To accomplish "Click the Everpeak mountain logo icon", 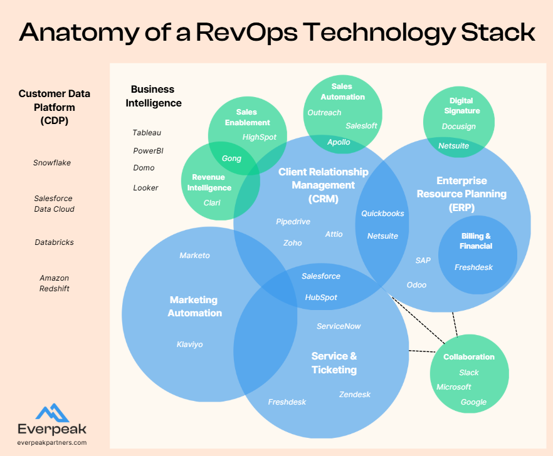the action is point(52,412).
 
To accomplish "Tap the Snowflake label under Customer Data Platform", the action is point(52,163).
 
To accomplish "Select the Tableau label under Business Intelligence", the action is point(147,133).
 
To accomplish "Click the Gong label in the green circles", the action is point(231,158).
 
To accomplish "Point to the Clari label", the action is point(212,203).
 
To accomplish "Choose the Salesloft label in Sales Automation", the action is point(361,126).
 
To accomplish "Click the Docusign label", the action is point(458,127).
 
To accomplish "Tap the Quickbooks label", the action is point(382,214).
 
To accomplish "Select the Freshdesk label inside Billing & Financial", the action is point(473,267).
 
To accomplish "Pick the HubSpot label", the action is point(321,298).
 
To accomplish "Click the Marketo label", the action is point(194,256).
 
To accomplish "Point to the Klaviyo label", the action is point(189,345).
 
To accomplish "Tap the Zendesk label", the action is point(355,395).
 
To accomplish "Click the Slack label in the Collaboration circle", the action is point(468,373).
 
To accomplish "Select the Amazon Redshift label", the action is point(54,283).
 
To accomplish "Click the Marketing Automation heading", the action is point(194,306).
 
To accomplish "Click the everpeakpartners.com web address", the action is point(52,442).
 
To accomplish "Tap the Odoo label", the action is point(416,285).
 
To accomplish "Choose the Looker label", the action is point(145,188).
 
